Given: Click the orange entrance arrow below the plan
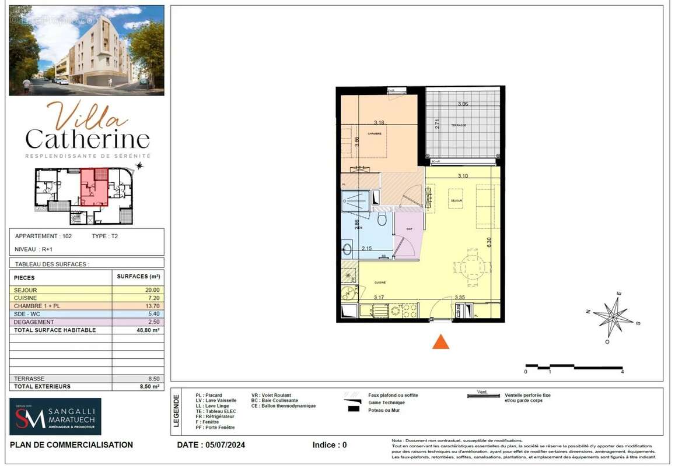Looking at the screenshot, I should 440,342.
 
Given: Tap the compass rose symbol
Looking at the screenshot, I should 613,317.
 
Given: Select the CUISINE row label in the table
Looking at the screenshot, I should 26,298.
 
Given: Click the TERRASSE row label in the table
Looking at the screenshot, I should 29,379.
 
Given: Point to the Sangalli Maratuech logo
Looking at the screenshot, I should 55,416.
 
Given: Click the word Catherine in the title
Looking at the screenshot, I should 88,139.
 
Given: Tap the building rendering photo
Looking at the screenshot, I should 86,50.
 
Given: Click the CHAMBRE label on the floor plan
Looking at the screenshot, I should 374,133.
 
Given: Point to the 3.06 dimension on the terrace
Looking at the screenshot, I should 463,104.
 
